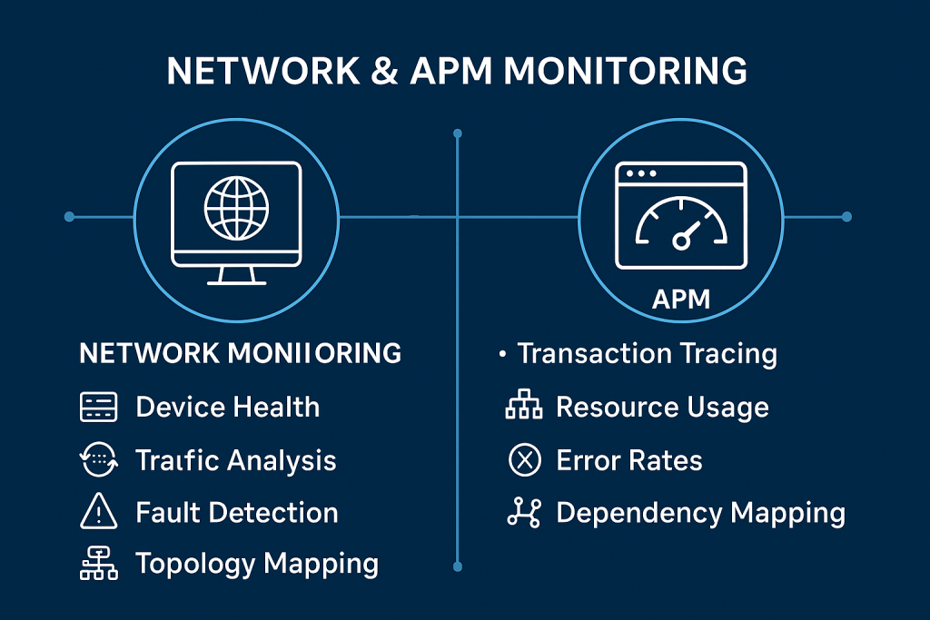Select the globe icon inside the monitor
[x=236, y=208]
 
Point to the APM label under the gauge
[x=681, y=299]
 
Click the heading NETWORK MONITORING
[x=241, y=352]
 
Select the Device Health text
[x=227, y=407]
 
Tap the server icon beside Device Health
[x=99, y=408]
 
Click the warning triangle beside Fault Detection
[x=99, y=513]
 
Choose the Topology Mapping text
[x=256, y=564]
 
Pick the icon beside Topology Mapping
[x=99, y=565]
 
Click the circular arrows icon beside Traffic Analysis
[x=99, y=460]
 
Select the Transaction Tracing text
[x=647, y=353]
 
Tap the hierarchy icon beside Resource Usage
[x=523, y=408]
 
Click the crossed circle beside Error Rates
[x=523, y=460]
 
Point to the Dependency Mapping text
[x=700, y=513]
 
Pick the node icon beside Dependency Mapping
[x=523, y=513]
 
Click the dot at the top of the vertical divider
[x=457, y=133]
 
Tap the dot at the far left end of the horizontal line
[x=69, y=217]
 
